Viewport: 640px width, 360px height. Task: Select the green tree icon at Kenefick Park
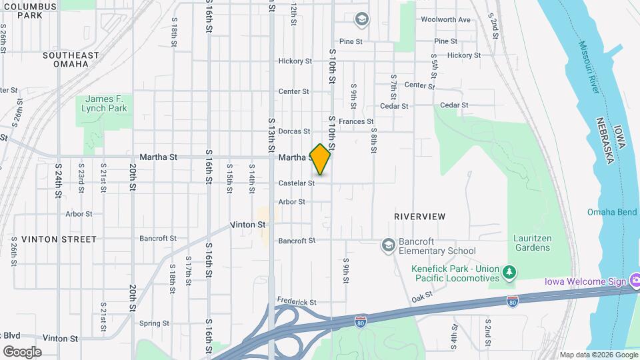[509, 272]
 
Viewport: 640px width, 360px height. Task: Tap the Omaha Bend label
[612, 212]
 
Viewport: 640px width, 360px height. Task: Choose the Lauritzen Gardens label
[531, 243]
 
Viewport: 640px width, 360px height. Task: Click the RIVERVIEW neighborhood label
[419, 217]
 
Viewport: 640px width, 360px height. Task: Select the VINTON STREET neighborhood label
[59, 239]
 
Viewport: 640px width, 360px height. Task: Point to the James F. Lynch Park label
[104, 103]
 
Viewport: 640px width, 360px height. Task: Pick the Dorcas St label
[294, 131]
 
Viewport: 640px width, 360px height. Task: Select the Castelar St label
[296, 183]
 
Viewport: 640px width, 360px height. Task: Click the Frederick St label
[297, 302]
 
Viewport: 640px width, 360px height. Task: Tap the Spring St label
[154, 323]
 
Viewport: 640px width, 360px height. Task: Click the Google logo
[22, 351]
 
